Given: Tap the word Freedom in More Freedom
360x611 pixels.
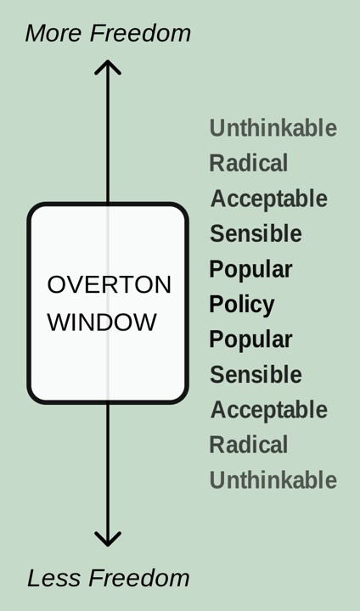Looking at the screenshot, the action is point(140,33).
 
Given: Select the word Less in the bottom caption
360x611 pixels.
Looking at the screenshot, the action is point(55,578).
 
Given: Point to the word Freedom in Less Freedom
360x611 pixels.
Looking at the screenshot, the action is point(139,578).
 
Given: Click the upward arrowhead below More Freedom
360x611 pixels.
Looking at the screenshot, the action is point(108,67).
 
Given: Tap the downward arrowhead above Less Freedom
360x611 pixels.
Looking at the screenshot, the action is point(108,540).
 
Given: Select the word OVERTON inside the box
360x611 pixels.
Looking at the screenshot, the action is point(110,284).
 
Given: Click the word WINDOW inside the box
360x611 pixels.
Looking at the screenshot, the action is point(102,322).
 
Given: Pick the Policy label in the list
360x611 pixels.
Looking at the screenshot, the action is point(242,305).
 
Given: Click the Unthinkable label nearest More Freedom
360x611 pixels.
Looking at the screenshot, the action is point(273,128).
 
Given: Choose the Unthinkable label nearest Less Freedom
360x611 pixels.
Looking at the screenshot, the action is point(273,479).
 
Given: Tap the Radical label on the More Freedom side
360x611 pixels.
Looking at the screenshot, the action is point(249,163).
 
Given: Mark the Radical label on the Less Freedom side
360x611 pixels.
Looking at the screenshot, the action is point(249,445).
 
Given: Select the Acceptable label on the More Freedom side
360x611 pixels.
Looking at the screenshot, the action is point(269,199).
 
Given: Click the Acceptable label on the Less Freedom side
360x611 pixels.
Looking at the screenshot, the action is point(269,410).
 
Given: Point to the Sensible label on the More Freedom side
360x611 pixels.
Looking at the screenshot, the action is point(256,233).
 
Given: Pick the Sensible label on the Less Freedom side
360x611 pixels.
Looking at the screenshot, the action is point(256,374).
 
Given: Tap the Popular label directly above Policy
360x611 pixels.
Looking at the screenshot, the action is point(250,270).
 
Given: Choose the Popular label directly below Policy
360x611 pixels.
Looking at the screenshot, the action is point(250,339).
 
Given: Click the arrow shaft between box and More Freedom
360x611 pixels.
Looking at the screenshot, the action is point(108,132).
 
